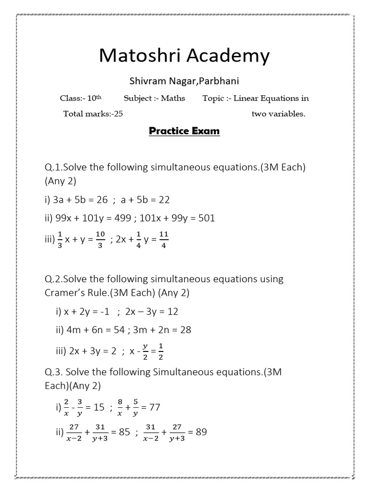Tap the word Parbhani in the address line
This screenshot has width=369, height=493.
tap(219, 80)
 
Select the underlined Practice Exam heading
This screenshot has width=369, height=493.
tap(184, 131)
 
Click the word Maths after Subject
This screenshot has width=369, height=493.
tap(173, 98)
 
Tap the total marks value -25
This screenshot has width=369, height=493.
tap(122, 114)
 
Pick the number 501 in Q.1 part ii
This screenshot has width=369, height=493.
tap(206, 218)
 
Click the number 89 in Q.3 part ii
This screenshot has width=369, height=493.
tap(201, 432)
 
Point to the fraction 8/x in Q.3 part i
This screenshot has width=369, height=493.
tap(120, 407)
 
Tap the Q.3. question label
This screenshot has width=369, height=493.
tap(53, 372)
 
